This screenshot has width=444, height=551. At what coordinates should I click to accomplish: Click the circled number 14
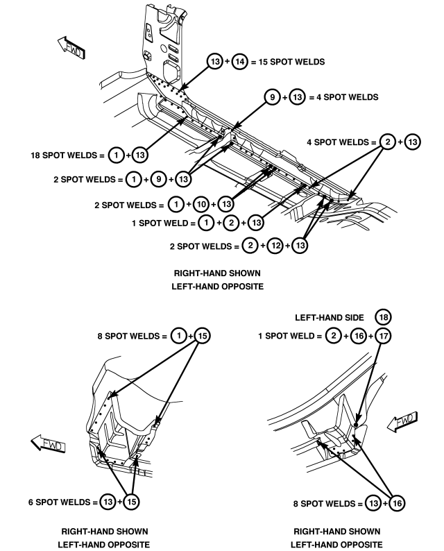click(240, 62)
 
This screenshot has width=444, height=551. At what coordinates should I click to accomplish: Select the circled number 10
click(201, 205)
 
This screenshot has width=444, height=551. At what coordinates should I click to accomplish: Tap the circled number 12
click(275, 245)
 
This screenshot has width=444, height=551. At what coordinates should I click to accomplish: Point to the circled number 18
click(383, 317)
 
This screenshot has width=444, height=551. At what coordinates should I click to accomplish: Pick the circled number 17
click(383, 336)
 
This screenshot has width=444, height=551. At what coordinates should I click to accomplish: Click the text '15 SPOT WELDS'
click(291, 62)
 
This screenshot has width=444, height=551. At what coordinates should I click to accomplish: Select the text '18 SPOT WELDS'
click(64, 155)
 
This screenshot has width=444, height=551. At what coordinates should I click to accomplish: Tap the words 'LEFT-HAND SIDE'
click(329, 318)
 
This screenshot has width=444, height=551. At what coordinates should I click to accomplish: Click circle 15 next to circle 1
click(203, 336)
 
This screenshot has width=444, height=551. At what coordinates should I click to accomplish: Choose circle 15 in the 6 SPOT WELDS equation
click(131, 502)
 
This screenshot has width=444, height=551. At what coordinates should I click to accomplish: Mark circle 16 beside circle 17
click(359, 336)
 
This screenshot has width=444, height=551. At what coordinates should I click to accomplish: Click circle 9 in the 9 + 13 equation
click(272, 97)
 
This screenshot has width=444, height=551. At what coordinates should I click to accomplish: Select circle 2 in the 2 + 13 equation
click(388, 142)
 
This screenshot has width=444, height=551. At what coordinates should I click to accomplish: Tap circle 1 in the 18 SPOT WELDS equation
click(116, 155)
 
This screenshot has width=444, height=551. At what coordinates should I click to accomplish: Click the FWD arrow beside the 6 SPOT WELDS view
click(48, 443)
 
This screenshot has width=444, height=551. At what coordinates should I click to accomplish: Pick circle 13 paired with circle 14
click(215, 62)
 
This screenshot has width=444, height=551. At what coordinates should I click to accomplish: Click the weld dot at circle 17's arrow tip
click(356, 425)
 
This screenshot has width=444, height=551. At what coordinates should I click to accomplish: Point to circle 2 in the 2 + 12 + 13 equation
click(250, 245)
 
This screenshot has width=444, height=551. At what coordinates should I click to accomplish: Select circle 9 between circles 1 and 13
click(158, 179)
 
